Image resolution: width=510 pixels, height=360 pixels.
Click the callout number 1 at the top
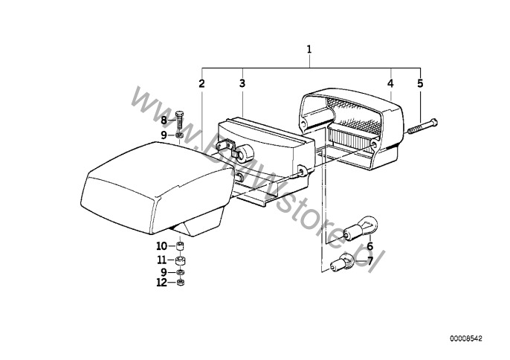(309, 50)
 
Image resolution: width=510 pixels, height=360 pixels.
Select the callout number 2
(201, 83)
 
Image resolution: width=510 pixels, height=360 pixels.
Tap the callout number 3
(242, 83)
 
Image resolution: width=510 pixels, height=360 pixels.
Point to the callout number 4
(390, 83)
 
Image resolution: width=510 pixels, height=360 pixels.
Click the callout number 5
(420, 83)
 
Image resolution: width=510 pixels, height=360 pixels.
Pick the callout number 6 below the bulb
(370, 246)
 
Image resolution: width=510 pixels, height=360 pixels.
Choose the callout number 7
(369, 261)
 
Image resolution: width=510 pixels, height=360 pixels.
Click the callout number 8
(164, 120)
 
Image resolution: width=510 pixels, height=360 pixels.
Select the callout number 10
(161, 246)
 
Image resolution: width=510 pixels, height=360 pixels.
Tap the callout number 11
(161, 260)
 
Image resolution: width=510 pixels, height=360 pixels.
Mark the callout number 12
(161, 282)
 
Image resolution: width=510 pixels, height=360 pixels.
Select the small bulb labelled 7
(342, 263)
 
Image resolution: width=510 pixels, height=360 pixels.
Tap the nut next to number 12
(180, 283)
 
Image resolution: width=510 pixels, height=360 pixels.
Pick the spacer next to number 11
(180, 261)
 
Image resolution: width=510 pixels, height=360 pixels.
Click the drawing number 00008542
(466, 338)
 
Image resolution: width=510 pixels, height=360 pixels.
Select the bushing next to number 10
(180, 246)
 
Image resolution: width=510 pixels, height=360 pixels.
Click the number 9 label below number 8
(164, 135)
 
